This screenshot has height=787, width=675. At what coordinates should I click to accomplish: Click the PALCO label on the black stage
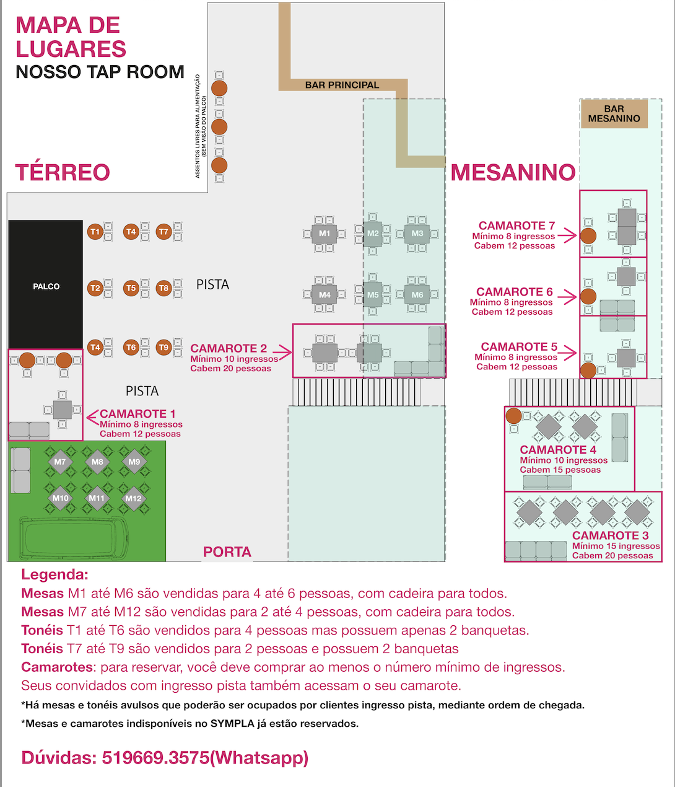(46, 286)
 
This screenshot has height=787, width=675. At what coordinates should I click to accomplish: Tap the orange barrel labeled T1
(95, 232)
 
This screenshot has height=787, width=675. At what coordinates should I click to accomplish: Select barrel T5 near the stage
(131, 288)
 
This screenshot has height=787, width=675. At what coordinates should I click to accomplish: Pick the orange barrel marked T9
(163, 347)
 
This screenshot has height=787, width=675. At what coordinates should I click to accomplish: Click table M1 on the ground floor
(324, 234)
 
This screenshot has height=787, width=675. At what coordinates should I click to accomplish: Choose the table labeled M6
(417, 295)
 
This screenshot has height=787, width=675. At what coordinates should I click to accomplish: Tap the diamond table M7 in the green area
(59, 462)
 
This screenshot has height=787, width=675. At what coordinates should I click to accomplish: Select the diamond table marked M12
(134, 498)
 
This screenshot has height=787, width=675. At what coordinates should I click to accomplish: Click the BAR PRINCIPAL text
(342, 85)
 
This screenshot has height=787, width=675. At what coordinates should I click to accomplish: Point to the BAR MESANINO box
(614, 114)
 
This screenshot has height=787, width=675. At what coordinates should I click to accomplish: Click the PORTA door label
(227, 552)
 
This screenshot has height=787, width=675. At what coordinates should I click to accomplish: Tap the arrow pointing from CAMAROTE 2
(282, 353)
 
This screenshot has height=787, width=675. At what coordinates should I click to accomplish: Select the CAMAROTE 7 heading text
(516, 226)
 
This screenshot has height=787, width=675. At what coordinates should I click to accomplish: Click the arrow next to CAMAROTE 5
(570, 353)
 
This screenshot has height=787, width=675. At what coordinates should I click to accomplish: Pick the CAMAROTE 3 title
(611, 535)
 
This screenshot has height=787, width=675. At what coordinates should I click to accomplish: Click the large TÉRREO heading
(63, 172)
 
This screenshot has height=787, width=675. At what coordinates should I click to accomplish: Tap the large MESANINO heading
(513, 172)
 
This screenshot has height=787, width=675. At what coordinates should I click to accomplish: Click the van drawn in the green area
(74, 538)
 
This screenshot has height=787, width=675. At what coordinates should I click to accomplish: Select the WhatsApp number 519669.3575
(155, 757)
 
